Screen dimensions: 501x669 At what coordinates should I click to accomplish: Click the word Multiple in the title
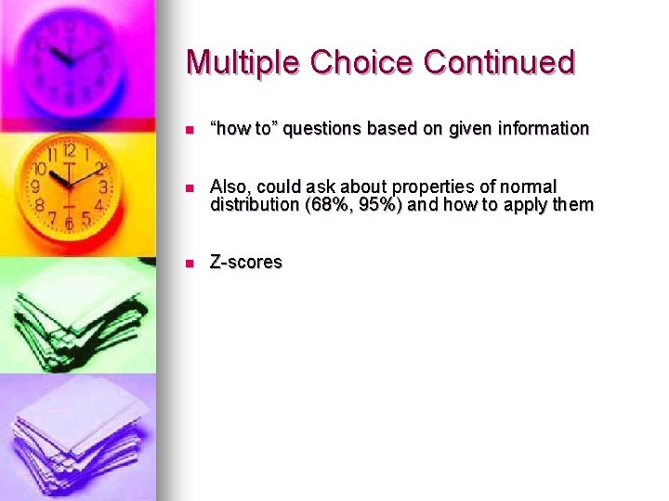point(243,62)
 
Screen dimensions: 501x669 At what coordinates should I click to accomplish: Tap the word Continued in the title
point(500,62)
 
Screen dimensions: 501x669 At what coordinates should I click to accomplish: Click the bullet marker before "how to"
point(190,129)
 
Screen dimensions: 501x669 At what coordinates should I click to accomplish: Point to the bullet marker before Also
point(190,188)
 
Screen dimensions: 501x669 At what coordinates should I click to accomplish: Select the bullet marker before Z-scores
point(190,263)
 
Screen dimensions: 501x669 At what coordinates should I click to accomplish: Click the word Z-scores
point(246,263)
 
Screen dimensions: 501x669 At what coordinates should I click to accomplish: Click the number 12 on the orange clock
point(69,151)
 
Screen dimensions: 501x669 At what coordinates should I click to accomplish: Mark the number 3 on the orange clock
point(103,186)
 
